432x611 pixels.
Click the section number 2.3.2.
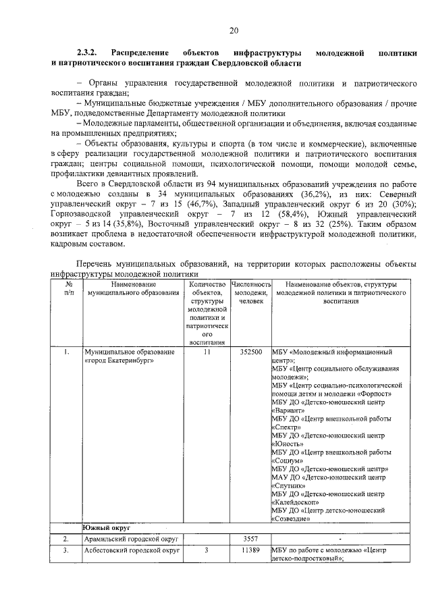coord(88,52)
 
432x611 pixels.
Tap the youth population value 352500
coord(250,352)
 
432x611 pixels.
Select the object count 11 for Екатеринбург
coord(207,352)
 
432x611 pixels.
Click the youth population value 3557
coord(250,539)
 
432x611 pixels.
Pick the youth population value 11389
coord(250,551)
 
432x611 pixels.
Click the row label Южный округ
coord(106,527)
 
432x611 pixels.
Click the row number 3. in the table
coord(66,551)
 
